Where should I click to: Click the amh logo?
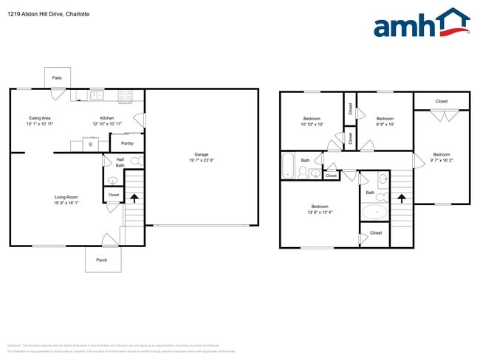(x=421, y=24)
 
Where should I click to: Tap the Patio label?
(x=57, y=77)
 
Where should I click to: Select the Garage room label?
(x=202, y=154)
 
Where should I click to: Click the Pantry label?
(x=127, y=143)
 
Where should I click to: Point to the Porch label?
(x=102, y=260)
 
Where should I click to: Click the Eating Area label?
(x=40, y=118)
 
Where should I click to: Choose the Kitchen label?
(x=107, y=118)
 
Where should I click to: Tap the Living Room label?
(x=66, y=197)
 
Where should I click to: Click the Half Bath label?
(x=120, y=162)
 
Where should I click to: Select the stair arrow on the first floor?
(x=134, y=197)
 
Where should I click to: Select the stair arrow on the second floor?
(x=401, y=198)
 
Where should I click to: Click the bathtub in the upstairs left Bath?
(x=289, y=166)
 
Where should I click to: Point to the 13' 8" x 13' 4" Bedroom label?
(x=320, y=207)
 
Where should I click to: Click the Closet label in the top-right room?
(x=442, y=101)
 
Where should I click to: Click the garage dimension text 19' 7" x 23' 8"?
(x=202, y=160)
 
